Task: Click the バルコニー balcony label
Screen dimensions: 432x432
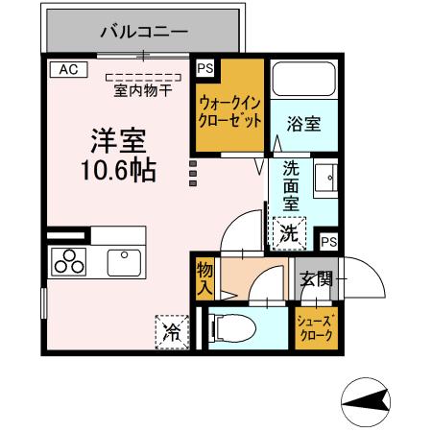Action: [x=144, y=33]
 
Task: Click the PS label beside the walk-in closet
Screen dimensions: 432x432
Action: [x=204, y=68]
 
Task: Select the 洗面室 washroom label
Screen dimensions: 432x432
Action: [x=291, y=184]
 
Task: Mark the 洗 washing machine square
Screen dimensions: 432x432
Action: [x=287, y=232]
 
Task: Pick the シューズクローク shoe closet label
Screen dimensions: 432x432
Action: [x=316, y=329]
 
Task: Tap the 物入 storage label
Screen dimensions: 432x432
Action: [x=204, y=278]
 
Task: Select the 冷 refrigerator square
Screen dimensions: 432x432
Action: [x=172, y=332]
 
